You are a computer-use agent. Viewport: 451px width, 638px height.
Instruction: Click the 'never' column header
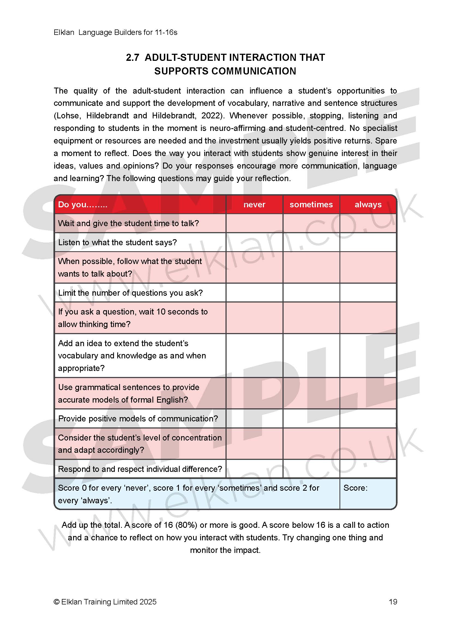click(x=254, y=205)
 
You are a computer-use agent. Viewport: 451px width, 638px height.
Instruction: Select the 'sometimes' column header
click(x=311, y=205)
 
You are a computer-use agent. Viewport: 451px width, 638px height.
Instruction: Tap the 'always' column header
click(x=368, y=205)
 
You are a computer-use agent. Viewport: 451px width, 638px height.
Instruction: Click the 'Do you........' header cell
click(x=83, y=205)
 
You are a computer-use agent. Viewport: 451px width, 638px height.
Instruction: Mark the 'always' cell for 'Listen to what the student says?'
click(x=368, y=242)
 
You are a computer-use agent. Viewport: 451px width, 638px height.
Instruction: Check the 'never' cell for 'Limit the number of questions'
click(x=254, y=293)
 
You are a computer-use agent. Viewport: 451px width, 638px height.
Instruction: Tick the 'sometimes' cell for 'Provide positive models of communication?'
click(x=311, y=418)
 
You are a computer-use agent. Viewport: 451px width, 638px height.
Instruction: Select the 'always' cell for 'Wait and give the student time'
click(x=368, y=223)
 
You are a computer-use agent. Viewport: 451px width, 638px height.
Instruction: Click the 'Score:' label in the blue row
click(x=355, y=488)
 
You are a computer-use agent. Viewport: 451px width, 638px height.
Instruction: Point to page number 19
click(x=393, y=602)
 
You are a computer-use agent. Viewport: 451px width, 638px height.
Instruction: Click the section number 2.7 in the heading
click(x=133, y=58)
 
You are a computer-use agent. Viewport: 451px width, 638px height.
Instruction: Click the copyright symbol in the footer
click(x=56, y=602)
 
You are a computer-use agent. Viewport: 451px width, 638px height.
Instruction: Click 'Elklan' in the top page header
click(x=64, y=32)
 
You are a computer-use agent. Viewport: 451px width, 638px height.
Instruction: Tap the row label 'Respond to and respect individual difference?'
click(x=140, y=469)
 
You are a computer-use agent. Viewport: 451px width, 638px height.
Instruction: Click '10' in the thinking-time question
click(x=161, y=312)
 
